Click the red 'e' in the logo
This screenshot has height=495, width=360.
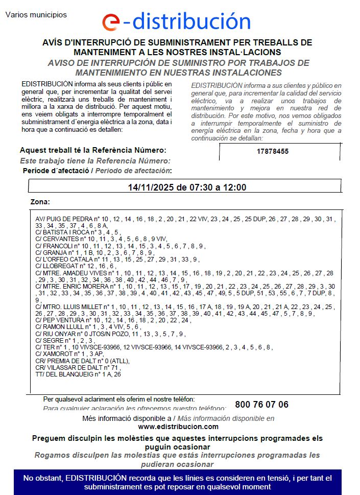point(111,22)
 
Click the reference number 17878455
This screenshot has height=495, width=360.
point(273,151)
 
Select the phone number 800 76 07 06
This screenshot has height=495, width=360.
point(261,405)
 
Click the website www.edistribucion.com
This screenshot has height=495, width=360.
point(178,427)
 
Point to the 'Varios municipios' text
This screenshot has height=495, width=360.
point(36,15)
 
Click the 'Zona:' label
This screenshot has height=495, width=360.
point(40,202)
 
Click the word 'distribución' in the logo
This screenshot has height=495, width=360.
point(190,21)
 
